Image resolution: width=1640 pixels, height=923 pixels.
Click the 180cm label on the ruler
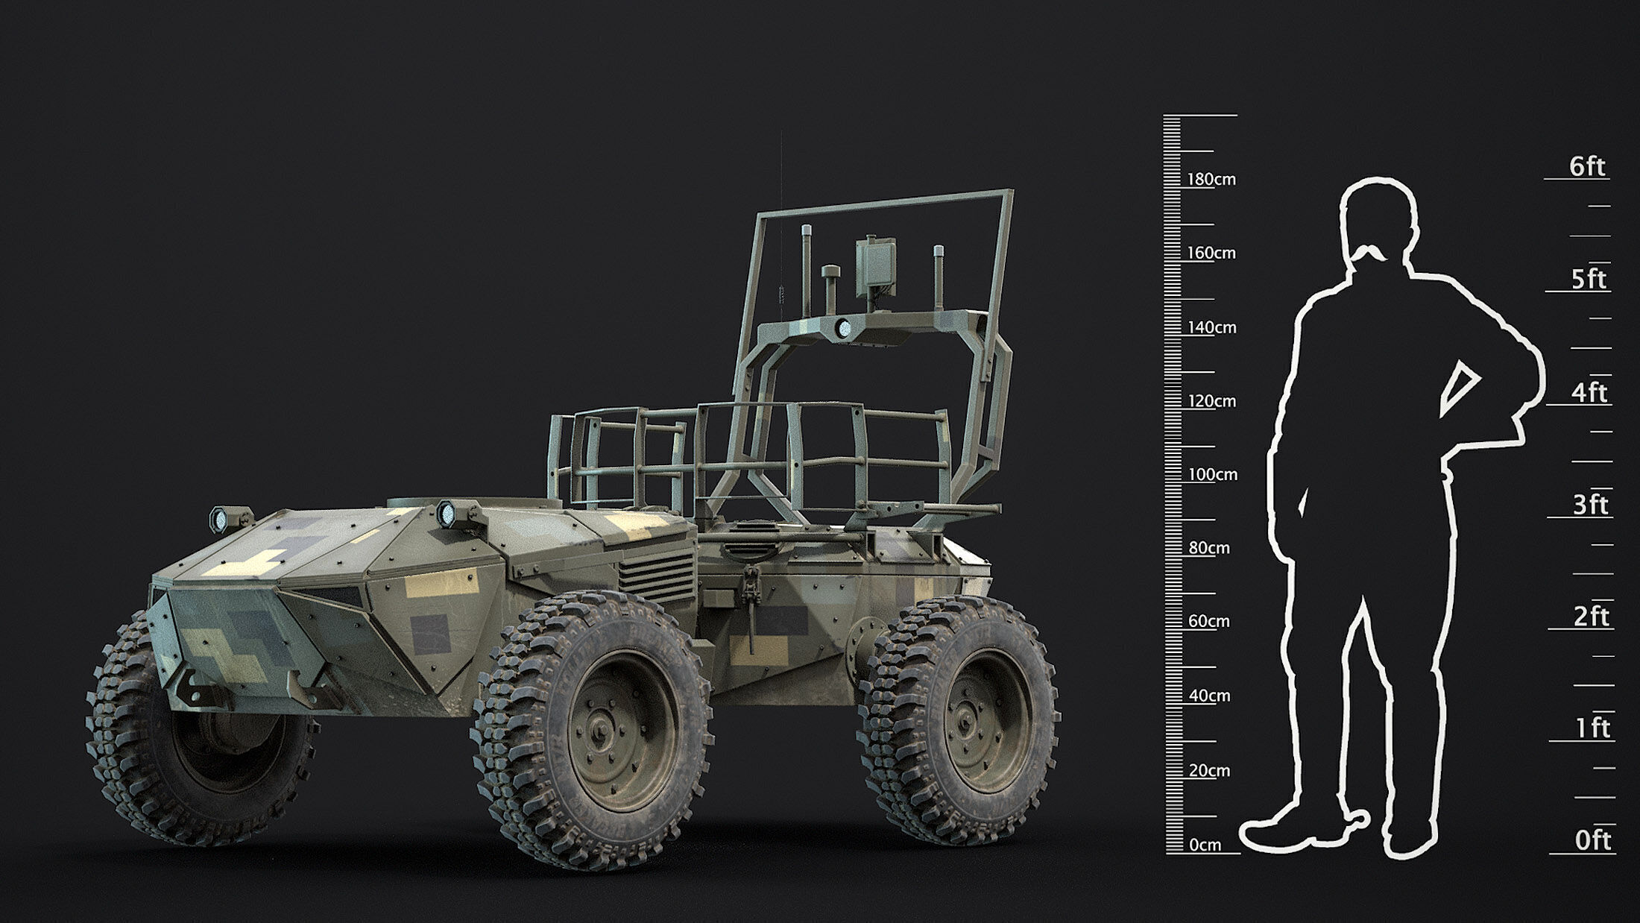point(1211,180)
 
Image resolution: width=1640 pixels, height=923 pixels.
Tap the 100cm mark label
point(1212,475)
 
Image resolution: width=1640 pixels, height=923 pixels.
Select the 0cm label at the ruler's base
point(1205,845)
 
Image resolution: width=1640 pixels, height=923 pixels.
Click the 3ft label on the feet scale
point(1590,505)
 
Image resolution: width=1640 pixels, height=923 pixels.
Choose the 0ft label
point(1592,841)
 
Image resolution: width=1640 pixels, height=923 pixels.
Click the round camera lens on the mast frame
point(844,327)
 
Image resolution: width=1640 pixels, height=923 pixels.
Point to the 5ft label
point(1588,280)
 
